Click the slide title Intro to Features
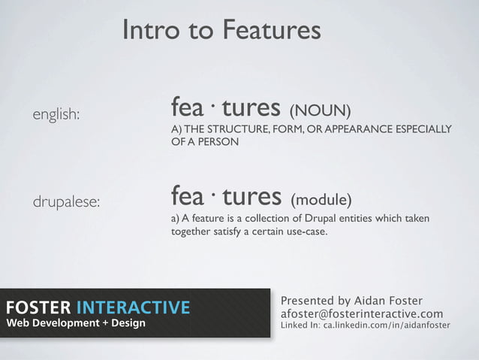(x=221, y=31)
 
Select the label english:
(x=56, y=114)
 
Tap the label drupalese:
(x=66, y=202)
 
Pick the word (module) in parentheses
(x=321, y=200)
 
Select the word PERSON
(x=219, y=142)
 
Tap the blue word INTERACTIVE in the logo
(x=133, y=307)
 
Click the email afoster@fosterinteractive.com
(x=361, y=313)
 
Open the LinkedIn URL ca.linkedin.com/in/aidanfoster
(x=387, y=325)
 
